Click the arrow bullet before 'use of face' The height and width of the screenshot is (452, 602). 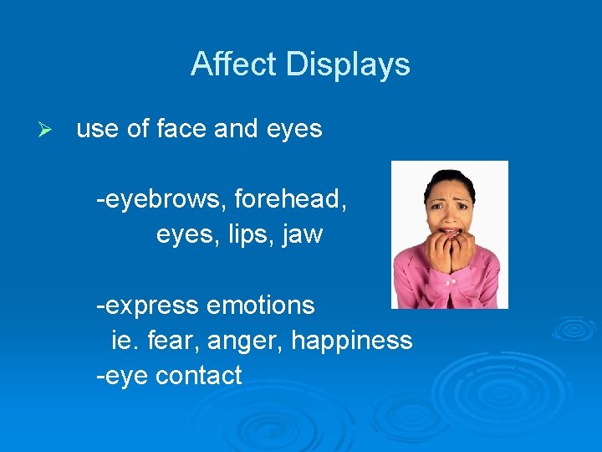47,130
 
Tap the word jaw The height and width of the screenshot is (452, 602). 304,235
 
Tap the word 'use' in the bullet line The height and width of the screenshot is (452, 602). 97,130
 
